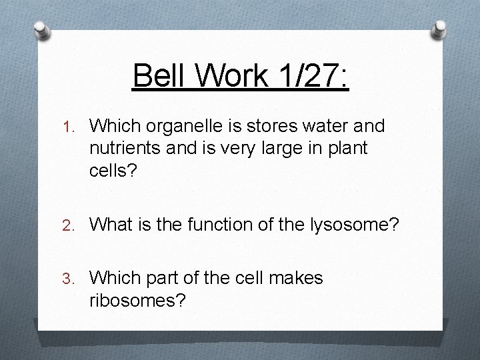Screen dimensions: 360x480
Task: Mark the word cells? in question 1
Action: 113,171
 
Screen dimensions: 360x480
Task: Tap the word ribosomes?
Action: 137,300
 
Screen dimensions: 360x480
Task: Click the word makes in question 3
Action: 295,277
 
